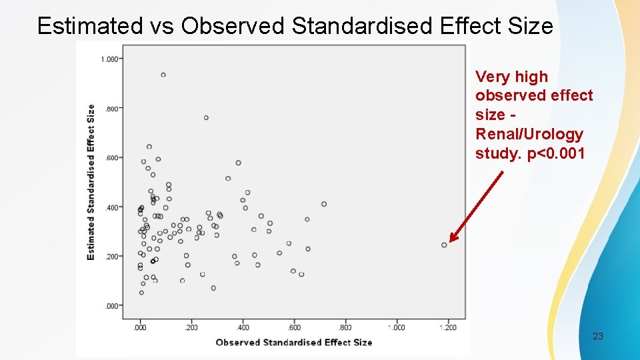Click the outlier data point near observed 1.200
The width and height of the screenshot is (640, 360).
click(444, 245)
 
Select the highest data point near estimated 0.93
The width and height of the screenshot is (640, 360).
click(163, 75)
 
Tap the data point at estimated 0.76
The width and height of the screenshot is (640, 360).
click(206, 118)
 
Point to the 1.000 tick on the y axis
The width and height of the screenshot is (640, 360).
click(109, 59)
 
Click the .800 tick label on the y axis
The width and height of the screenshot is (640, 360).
click(110, 109)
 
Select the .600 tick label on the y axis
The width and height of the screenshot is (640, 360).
click(110, 158)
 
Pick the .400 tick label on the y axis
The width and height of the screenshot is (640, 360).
click(110, 207)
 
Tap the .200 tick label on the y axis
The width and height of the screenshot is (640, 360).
click(110, 257)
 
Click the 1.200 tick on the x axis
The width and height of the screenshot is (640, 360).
click(448, 327)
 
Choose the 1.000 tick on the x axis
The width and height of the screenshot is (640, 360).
click(397, 327)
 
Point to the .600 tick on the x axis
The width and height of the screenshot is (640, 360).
click(294, 327)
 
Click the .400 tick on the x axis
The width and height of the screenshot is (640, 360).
click(243, 327)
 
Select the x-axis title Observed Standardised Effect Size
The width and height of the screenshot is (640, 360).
click(293, 342)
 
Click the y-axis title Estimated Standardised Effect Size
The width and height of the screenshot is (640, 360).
click(91, 182)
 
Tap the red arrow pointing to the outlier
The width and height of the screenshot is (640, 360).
click(475, 207)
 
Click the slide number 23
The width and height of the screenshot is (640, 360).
click(597, 337)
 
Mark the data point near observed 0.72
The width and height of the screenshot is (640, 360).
click(324, 204)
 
